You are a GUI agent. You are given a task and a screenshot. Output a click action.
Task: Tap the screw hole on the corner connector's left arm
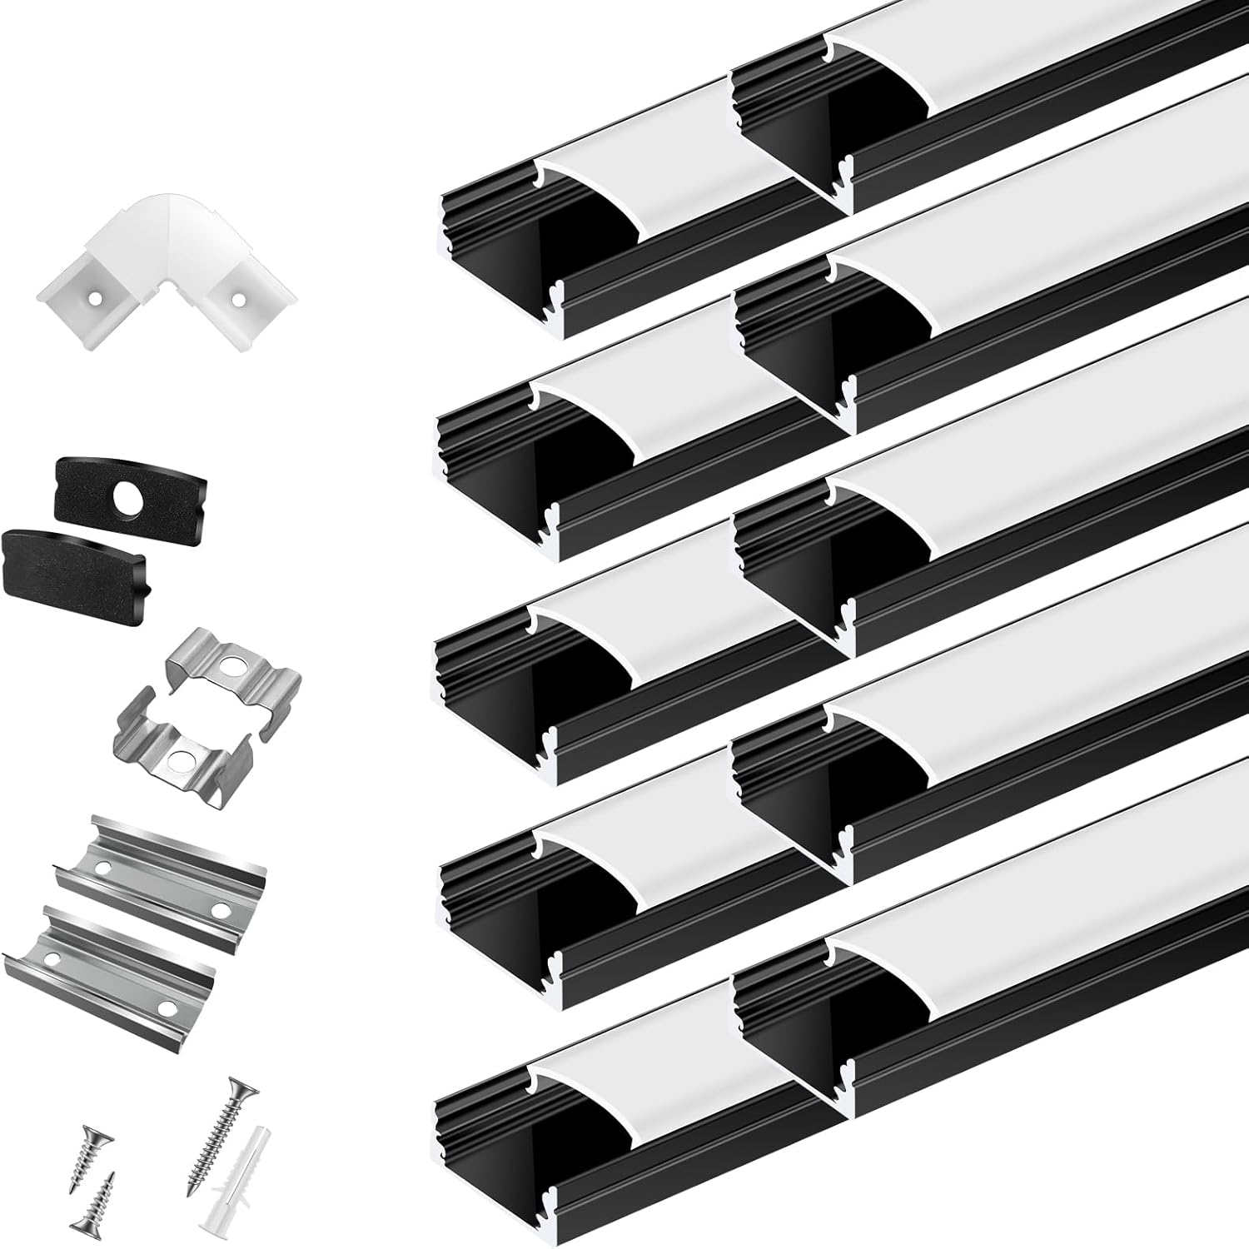(96, 296)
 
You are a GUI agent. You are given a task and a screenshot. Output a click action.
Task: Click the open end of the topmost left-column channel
(500, 266)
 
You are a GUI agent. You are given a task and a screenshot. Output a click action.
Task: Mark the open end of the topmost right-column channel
(791, 142)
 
